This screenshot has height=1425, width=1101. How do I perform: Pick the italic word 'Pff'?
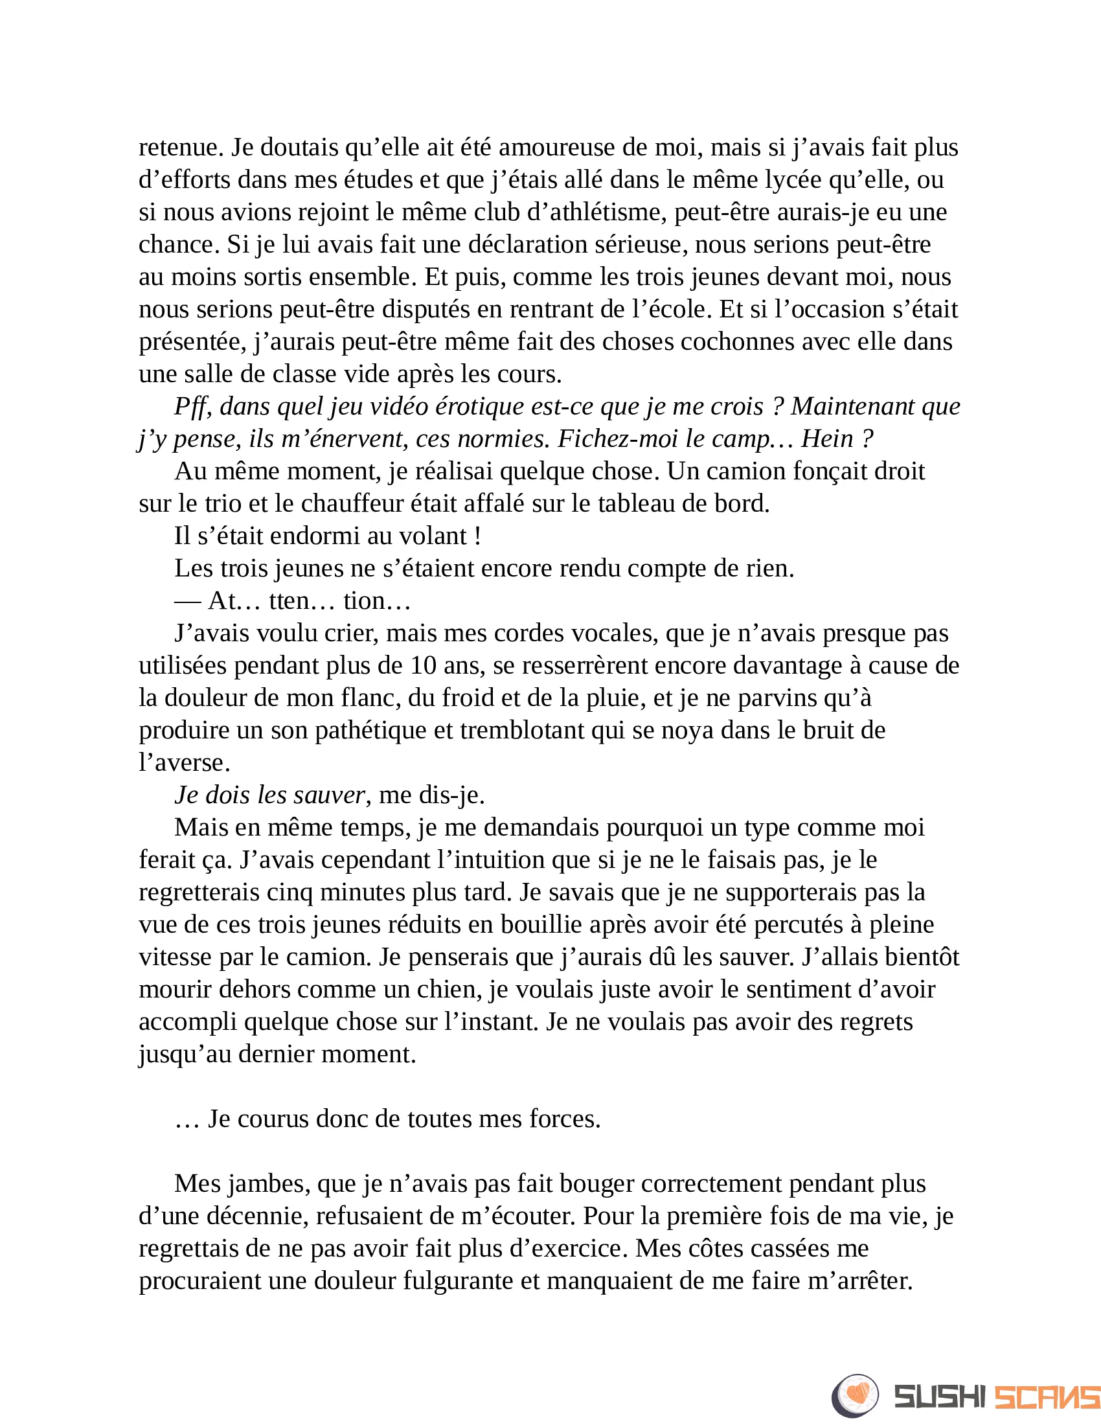193,407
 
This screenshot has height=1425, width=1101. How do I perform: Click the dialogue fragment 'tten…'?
302,601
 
